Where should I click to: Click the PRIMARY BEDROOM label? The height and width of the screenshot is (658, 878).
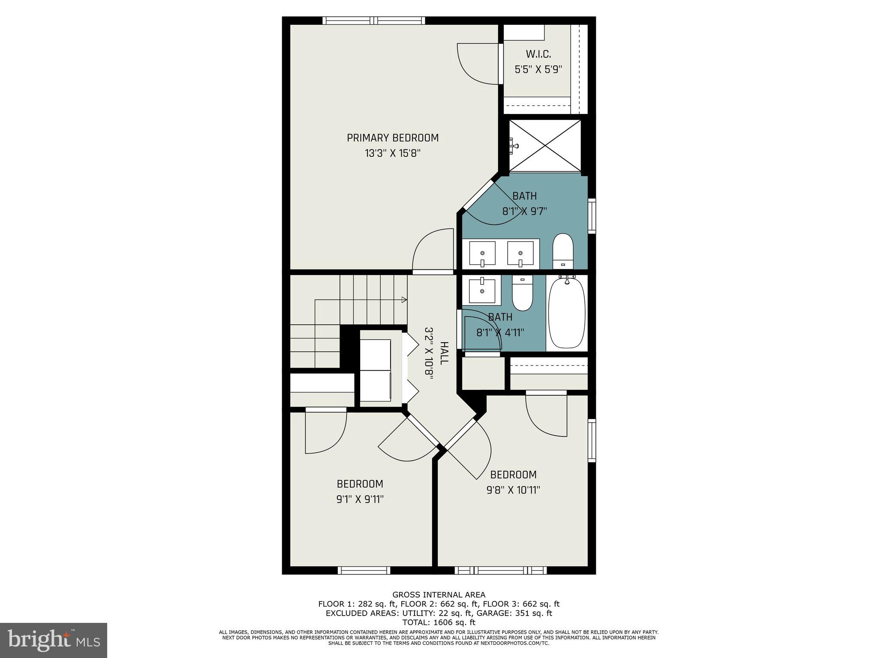(392, 138)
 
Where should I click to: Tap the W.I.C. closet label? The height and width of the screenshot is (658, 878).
(538, 54)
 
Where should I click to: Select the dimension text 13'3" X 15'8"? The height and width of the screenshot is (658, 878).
(392, 153)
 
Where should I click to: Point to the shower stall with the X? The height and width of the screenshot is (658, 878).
(545, 146)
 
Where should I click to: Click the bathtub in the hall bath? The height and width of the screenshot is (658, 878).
(567, 313)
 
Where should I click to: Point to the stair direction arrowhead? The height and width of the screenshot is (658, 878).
(404, 300)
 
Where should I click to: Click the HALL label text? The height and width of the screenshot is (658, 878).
(444, 353)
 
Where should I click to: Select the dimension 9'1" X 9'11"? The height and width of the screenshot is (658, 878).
(360, 499)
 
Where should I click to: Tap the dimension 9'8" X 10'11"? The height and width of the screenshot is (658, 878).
(513, 490)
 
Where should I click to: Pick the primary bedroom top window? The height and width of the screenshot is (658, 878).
(374, 20)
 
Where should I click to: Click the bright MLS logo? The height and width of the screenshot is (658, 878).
(54, 640)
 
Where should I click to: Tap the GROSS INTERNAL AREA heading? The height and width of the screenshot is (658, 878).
(439, 595)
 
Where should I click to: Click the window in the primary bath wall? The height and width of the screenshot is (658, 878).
(592, 215)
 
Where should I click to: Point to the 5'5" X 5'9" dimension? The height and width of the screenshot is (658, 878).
(538, 69)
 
